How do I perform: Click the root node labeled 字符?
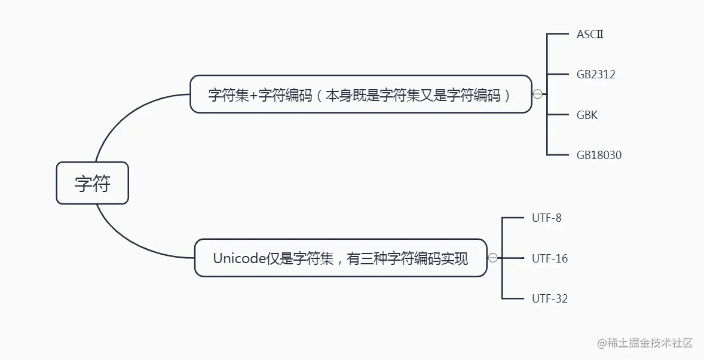click(92, 183)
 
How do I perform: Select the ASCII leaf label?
click(590, 34)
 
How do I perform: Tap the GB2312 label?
click(596, 75)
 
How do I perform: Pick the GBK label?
click(587, 115)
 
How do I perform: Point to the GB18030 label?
click(599, 155)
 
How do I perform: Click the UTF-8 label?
click(546, 218)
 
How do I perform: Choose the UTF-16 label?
click(549, 258)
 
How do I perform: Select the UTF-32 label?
click(549, 298)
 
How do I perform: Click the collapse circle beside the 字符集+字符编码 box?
click(537, 94)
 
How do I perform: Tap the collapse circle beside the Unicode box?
click(492, 258)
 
